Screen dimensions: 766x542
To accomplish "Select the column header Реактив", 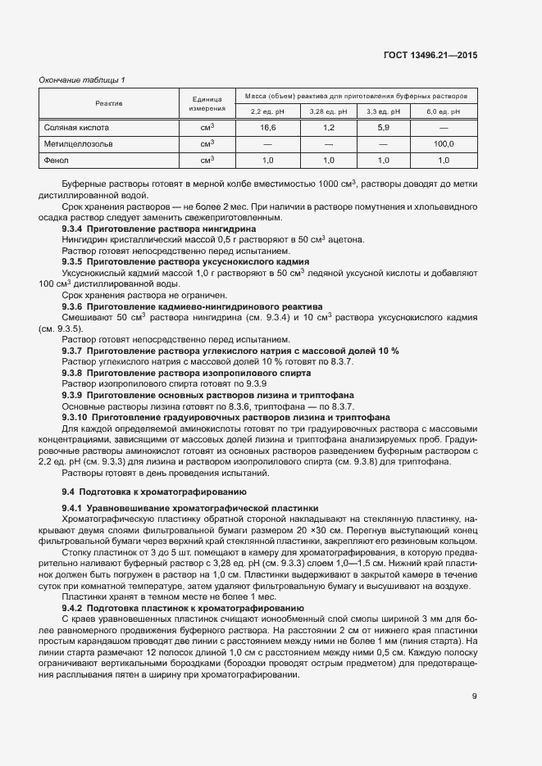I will click(x=108, y=104).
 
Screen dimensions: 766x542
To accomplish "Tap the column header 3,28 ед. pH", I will click(x=328, y=111).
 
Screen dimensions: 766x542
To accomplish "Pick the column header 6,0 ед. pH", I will click(x=444, y=111).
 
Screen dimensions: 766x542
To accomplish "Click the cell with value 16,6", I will click(x=267, y=128).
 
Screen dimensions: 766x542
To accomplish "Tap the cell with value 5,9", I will click(x=382, y=128).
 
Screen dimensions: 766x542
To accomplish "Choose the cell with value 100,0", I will click(x=444, y=144).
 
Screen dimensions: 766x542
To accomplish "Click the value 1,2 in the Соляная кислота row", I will click(x=328, y=128).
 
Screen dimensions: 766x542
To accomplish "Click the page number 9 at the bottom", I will click(x=474, y=696).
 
